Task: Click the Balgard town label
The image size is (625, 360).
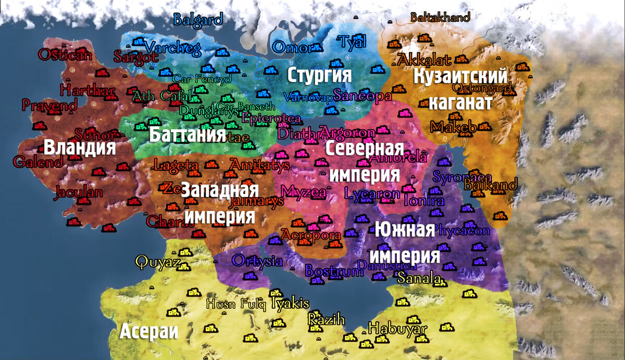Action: click(x=198, y=20)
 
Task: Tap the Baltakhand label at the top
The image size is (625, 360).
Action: click(x=440, y=17)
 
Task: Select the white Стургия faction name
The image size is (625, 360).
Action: click(x=319, y=75)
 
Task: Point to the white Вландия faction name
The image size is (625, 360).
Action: click(x=80, y=147)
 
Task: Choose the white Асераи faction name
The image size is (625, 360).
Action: click(x=149, y=332)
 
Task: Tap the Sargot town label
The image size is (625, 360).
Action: click(x=136, y=57)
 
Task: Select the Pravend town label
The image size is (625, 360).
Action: click(x=49, y=105)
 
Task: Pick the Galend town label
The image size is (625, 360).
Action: click(x=37, y=162)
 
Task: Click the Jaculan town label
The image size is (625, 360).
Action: click(x=78, y=192)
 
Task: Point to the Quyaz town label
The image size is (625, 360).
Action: click(x=157, y=262)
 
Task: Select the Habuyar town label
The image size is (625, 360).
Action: click(x=397, y=329)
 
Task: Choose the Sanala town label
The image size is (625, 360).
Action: click(x=419, y=279)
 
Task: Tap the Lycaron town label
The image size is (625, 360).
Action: click(x=372, y=194)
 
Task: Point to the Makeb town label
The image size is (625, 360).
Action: click(x=453, y=127)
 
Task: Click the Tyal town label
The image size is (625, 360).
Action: click(x=353, y=41)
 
